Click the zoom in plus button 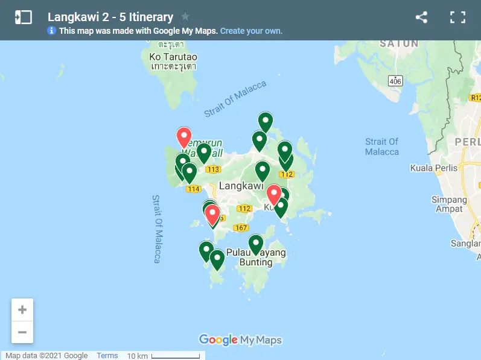point(22,310)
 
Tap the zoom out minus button point(22,332)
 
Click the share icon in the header point(421,17)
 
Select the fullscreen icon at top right point(457,17)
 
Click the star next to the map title point(185,17)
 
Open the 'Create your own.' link point(251,31)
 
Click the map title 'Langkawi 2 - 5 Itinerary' point(110,17)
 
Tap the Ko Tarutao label point(173,57)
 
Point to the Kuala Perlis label point(434,168)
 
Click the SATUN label point(399,43)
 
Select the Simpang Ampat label point(450,204)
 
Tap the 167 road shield point(241,227)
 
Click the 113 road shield point(212,169)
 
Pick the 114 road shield point(193,189)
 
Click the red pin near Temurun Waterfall point(183,137)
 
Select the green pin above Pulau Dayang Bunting point(256,244)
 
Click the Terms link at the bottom point(107,356)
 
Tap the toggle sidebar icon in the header point(23,17)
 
